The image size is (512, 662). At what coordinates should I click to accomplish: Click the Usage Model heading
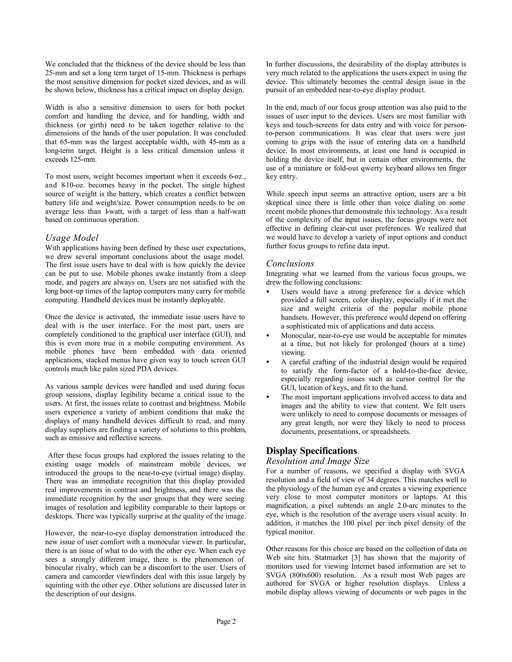pos(72,238)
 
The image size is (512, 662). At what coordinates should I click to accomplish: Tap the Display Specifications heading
pos(311,451)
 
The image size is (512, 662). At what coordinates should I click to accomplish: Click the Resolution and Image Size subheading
pos(317,461)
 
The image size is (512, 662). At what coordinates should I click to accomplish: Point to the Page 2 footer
pos(226,622)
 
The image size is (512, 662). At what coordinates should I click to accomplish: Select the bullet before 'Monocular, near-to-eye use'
pos(267,336)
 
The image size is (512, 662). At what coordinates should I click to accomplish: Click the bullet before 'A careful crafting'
pos(267,362)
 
